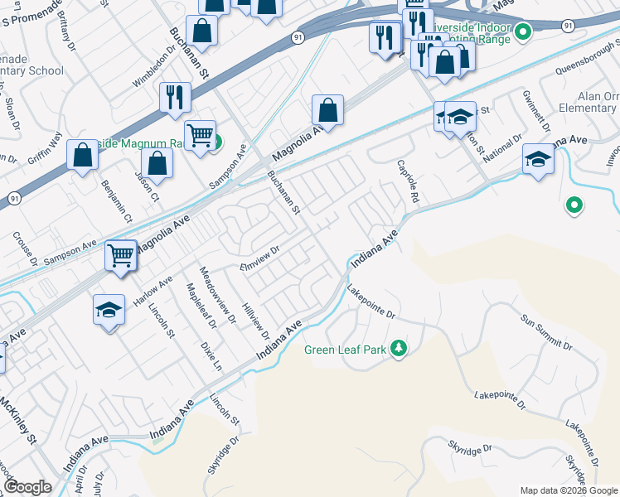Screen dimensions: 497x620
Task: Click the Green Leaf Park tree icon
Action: coord(400,349)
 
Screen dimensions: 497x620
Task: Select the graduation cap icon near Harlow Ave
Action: coord(108,310)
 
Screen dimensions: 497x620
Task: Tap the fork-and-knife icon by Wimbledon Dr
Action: coord(176,97)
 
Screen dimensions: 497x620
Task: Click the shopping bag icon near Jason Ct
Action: coord(157,163)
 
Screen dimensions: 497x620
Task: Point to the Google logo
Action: coord(27,487)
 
